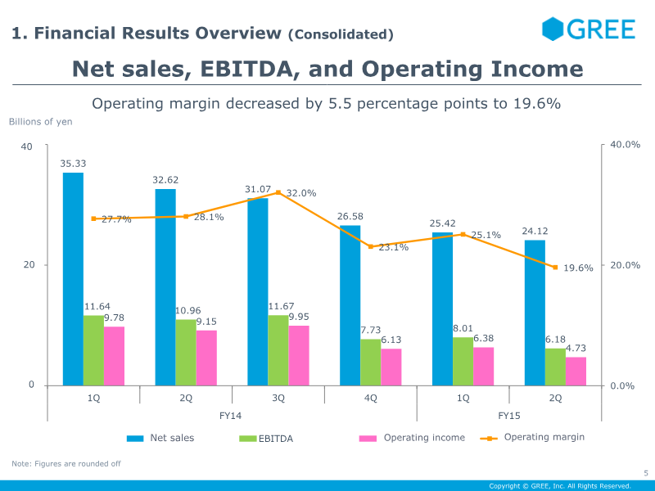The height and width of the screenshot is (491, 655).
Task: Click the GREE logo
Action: [589, 29]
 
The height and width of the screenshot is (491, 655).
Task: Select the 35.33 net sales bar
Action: [73, 278]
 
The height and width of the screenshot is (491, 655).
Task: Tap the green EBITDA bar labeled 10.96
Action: [186, 352]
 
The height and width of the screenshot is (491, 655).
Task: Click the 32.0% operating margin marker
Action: [278, 192]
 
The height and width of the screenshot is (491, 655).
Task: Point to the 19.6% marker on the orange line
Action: [555, 267]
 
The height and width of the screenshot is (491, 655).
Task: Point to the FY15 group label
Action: [508, 416]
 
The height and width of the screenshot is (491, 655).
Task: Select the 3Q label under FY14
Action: [278, 398]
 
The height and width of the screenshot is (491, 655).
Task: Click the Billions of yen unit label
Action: [41, 122]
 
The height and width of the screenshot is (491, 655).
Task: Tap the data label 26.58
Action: [350, 217]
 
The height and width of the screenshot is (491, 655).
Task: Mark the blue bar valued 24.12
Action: [535, 312]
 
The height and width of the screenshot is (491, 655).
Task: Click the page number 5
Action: [645, 472]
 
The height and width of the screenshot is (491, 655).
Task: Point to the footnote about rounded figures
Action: [66, 464]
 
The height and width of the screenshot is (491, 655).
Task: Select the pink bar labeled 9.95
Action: [299, 355]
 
